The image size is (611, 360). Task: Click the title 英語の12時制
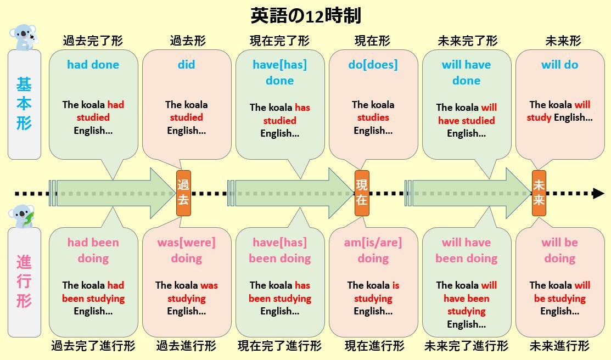tap(305, 15)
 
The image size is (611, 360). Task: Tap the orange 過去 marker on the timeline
tap(183, 193)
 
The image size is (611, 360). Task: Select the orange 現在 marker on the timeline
tap(362, 193)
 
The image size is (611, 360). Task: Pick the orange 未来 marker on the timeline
tap(539, 193)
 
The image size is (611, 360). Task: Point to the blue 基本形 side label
tap(24, 104)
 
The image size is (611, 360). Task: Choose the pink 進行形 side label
tap(24, 282)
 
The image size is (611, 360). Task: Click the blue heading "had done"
tap(93, 65)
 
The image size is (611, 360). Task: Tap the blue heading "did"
tap(186, 65)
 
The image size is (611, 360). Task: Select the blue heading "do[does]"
tap(373, 65)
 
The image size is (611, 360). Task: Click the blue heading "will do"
tap(559, 65)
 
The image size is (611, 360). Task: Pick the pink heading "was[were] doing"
tap(186, 250)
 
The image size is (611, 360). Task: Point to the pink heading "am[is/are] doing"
tap(373, 250)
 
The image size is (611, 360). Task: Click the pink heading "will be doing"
tap(559, 250)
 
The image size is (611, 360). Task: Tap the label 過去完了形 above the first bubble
tap(93, 41)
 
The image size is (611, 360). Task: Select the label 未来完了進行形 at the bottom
tap(466, 346)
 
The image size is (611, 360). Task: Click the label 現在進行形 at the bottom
tap(374, 346)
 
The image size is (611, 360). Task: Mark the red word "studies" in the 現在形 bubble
tap(373, 117)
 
